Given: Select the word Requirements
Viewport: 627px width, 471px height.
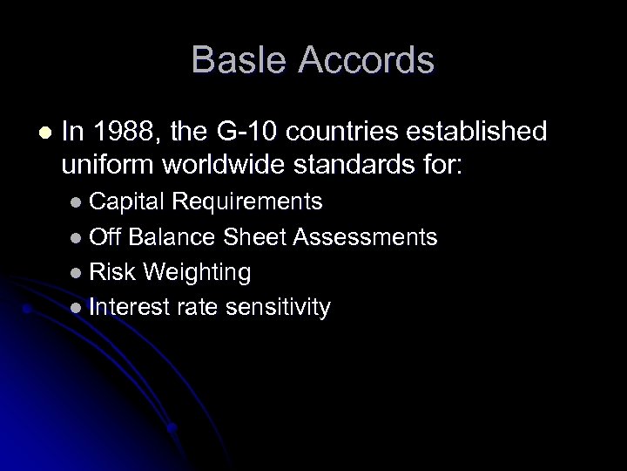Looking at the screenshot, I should click(248, 202).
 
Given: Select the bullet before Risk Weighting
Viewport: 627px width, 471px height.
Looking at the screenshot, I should click(78, 273).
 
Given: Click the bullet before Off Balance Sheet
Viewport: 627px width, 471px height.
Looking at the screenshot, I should click(78, 238).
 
